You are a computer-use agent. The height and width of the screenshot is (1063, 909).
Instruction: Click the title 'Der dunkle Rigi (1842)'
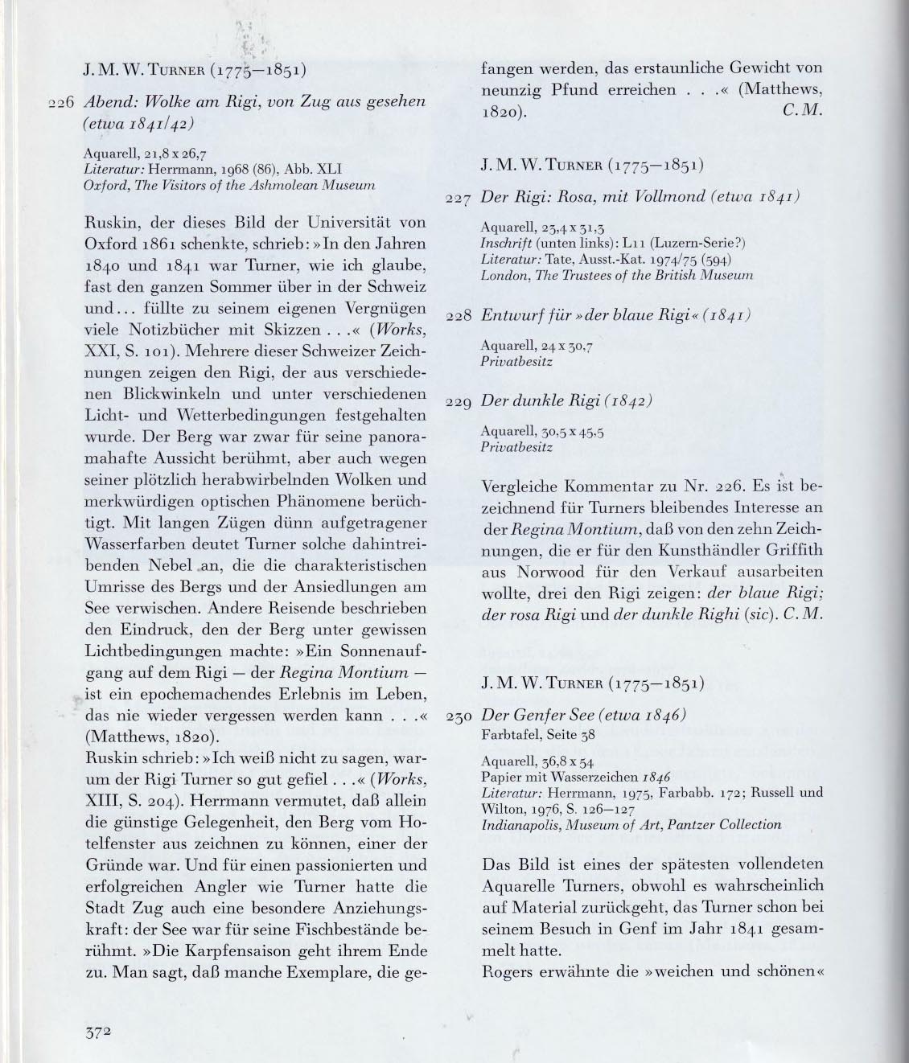pyautogui.click(x=566, y=400)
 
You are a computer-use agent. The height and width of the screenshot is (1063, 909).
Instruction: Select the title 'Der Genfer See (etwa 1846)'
pyautogui.click(x=582, y=716)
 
